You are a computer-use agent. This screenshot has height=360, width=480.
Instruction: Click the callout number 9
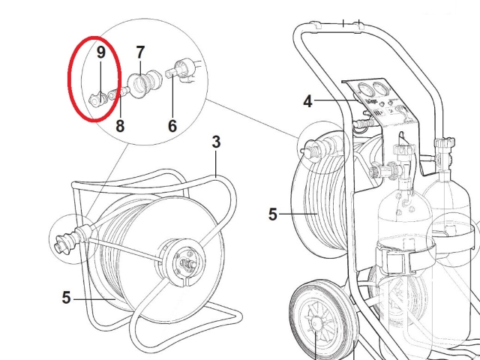100,52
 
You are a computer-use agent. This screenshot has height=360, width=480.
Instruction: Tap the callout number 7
140,52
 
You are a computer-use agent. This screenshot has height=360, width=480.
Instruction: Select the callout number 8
120,125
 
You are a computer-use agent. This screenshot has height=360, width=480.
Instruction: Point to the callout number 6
172,125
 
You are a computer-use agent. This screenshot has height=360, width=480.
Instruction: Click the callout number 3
216,141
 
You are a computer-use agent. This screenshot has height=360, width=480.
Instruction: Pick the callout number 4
307,100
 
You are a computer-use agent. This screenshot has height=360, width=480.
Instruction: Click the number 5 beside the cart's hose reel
273,214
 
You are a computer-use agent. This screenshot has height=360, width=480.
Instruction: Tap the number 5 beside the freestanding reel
67,298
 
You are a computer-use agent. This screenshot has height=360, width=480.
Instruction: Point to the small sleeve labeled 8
117,93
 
